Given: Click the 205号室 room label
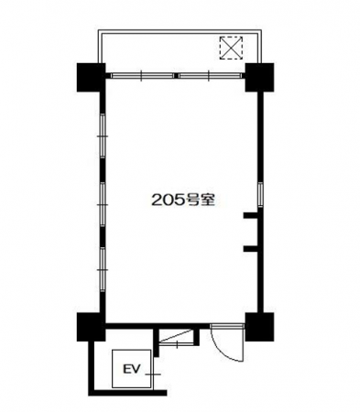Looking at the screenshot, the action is click(183, 200).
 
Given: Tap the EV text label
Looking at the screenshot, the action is click(131, 369).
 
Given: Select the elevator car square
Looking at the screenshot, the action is click(132, 369).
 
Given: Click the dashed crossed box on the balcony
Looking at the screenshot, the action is click(231, 48).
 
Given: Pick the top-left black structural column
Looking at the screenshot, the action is click(91, 77).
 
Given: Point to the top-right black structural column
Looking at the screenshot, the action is click(259, 77).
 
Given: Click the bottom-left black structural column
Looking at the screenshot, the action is click(91, 327).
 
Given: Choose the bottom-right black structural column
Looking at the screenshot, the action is click(259, 327).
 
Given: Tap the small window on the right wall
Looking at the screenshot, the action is click(260, 194).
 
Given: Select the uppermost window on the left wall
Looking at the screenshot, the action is click(103, 136).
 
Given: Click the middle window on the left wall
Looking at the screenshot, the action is click(103, 204).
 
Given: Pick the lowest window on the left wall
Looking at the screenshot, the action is click(103, 270).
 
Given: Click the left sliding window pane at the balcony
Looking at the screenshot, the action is click(142, 76).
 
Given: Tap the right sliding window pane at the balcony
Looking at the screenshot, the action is click(210, 76).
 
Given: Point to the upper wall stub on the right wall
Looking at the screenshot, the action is click(251, 215).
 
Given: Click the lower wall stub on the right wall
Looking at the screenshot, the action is click(251, 249).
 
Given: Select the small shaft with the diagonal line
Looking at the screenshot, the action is click(177, 337).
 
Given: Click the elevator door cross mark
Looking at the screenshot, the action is click(153, 374).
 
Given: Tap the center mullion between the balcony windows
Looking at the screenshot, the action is click(176, 76).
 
